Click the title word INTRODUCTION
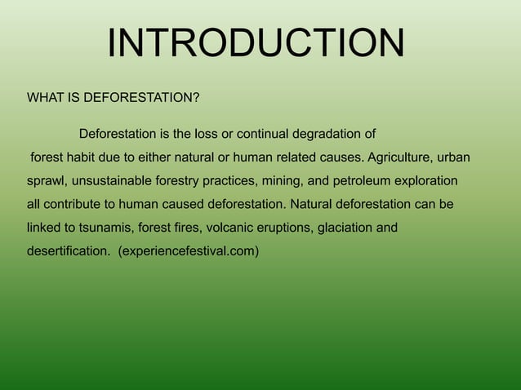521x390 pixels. click(256, 44)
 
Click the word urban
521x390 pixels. click(454, 157)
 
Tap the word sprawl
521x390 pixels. click(45, 179)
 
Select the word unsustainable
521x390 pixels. click(112, 179)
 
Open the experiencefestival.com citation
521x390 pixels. click(189, 250)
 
